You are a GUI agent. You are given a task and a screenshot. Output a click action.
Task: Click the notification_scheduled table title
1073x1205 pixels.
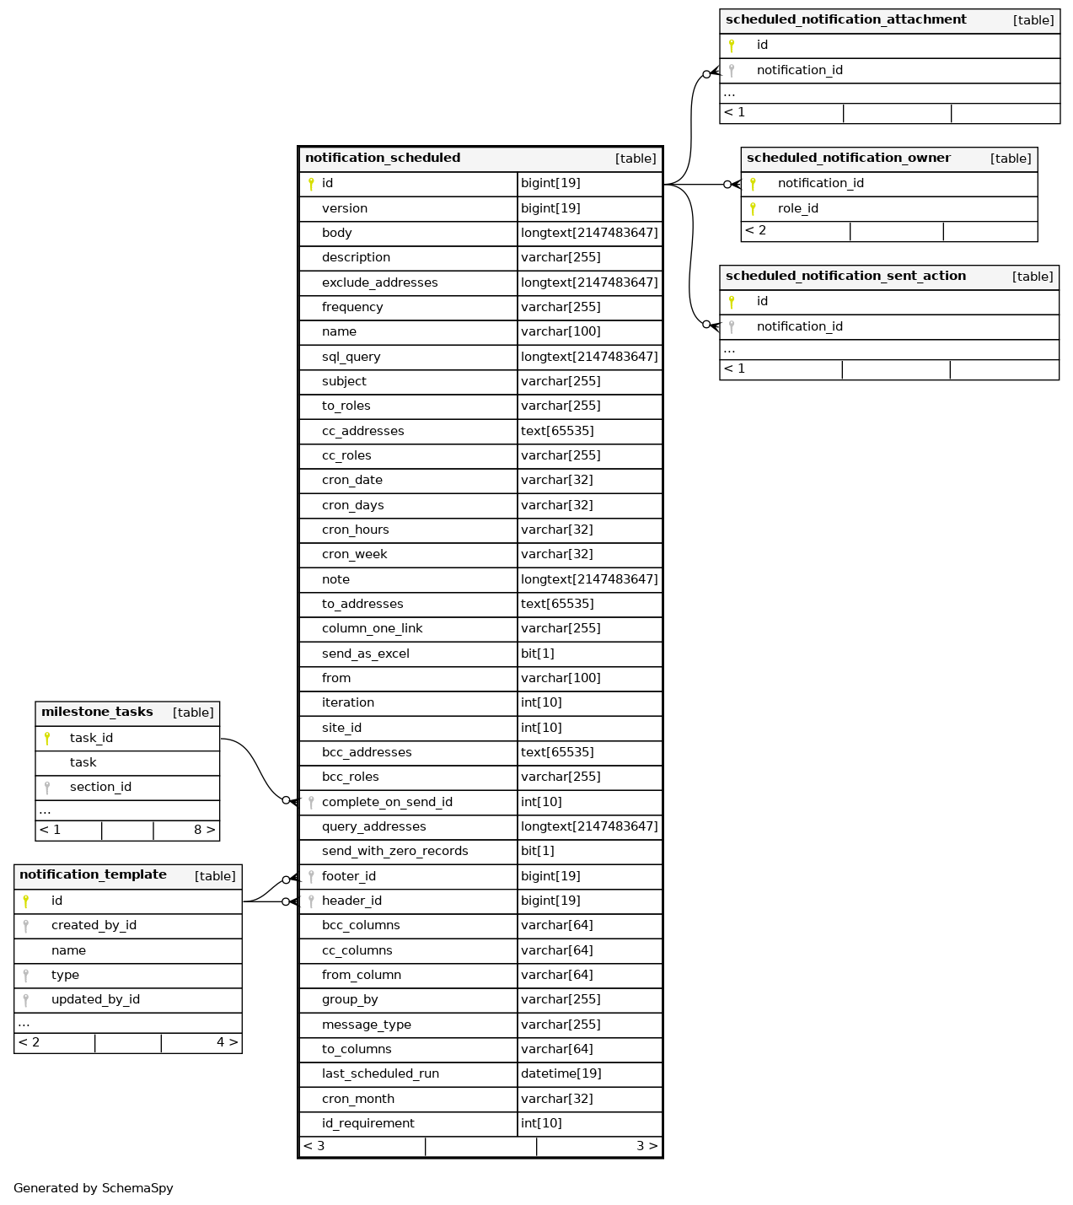click(x=383, y=159)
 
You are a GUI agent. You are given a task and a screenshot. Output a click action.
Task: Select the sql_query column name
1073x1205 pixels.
click(x=351, y=357)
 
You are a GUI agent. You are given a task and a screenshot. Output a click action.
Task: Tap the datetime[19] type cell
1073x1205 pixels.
click(x=561, y=1073)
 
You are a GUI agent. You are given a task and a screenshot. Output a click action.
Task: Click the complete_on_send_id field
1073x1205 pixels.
click(x=387, y=802)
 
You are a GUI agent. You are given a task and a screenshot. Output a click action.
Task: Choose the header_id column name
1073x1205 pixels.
click(x=351, y=901)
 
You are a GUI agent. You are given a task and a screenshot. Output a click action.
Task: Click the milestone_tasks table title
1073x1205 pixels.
click(x=97, y=713)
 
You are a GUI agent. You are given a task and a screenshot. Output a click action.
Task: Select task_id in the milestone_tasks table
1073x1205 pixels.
click(x=91, y=738)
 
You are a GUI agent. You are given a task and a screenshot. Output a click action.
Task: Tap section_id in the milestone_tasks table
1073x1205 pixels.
click(x=100, y=787)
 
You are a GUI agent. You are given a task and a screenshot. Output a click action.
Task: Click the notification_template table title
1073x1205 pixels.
click(x=93, y=875)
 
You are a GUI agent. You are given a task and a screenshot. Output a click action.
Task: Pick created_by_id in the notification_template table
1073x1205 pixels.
click(x=94, y=925)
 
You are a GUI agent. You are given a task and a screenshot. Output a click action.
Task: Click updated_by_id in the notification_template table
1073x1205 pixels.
click(x=95, y=999)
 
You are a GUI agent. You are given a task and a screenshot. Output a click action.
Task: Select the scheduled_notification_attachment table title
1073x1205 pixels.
click(x=845, y=20)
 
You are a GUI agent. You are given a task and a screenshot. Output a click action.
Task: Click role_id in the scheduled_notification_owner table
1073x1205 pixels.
click(x=797, y=208)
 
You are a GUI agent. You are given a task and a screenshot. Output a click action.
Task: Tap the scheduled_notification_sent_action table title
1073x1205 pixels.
click(x=845, y=277)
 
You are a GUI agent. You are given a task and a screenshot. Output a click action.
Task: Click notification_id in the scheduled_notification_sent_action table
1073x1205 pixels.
click(x=799, y=326)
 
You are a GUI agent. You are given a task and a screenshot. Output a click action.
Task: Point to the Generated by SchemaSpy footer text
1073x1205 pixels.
click(x=94, y=1188)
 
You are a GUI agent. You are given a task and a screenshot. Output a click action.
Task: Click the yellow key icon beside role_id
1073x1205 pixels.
click(x=753, y=208)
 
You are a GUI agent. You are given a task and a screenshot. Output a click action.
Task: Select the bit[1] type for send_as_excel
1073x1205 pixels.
click(x=538, y=654)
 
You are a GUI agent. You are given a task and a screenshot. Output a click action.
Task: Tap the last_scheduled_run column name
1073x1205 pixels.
click(x=380, y=1073)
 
